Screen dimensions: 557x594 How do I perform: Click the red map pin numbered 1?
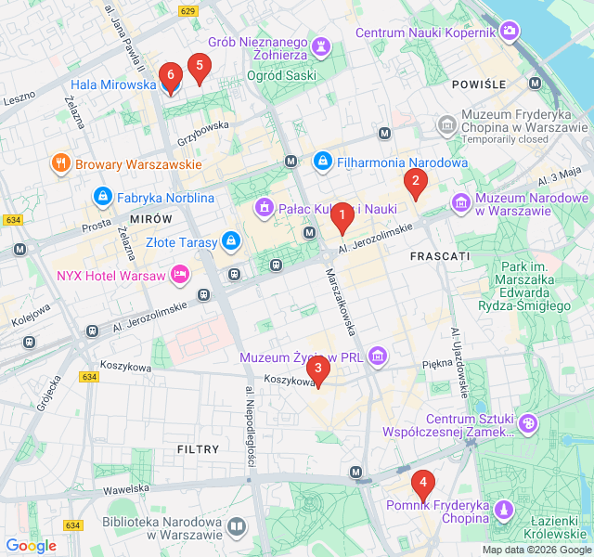click(x=342, y=218)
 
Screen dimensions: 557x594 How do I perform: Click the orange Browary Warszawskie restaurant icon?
click(x=61, y=163)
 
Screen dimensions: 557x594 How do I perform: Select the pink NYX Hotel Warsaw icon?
click(x=180, y=275)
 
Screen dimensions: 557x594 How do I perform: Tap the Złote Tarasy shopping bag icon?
click(x=231, y=243)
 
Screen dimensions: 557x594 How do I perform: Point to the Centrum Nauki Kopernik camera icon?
click(x=510, y=32)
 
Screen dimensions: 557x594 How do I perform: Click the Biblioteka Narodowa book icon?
click(x=238, y=528)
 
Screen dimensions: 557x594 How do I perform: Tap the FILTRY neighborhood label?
click(x=198, y=449)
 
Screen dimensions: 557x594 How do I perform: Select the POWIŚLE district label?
click(x=478, y=84)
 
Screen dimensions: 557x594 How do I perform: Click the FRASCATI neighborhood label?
click(x=439, y=255)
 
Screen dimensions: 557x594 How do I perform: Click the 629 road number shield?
click(x=188, y=11)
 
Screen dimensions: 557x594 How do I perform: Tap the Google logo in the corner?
click(x=31, y=546)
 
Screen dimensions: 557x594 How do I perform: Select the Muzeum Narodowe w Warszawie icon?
click(x=461, y=201)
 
